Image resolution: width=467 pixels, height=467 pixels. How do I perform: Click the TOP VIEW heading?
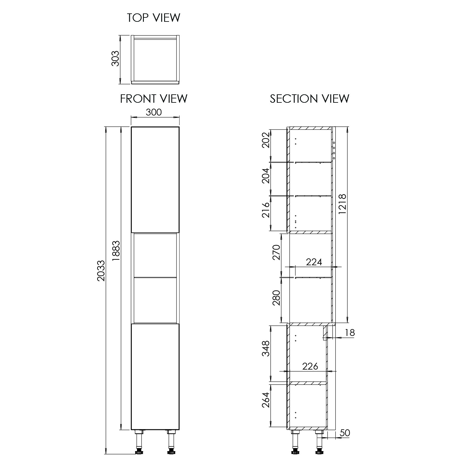tap(153, 18)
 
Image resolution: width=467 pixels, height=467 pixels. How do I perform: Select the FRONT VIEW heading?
tap(154, 99)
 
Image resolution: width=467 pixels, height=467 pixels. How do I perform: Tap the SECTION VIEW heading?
tap(309, 99)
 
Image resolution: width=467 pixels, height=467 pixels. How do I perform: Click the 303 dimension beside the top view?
tap(115, 58)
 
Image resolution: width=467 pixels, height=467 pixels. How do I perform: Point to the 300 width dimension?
tap(154, 112)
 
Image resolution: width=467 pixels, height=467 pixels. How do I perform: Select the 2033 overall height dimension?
tap(101, 271)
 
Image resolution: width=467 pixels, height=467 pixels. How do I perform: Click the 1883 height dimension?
tap(116, 250)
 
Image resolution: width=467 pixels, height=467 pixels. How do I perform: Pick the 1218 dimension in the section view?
tap(342, 204)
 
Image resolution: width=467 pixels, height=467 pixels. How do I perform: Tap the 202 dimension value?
tap(265, 140)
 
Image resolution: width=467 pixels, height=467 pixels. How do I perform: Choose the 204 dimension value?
tap(265, 176)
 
